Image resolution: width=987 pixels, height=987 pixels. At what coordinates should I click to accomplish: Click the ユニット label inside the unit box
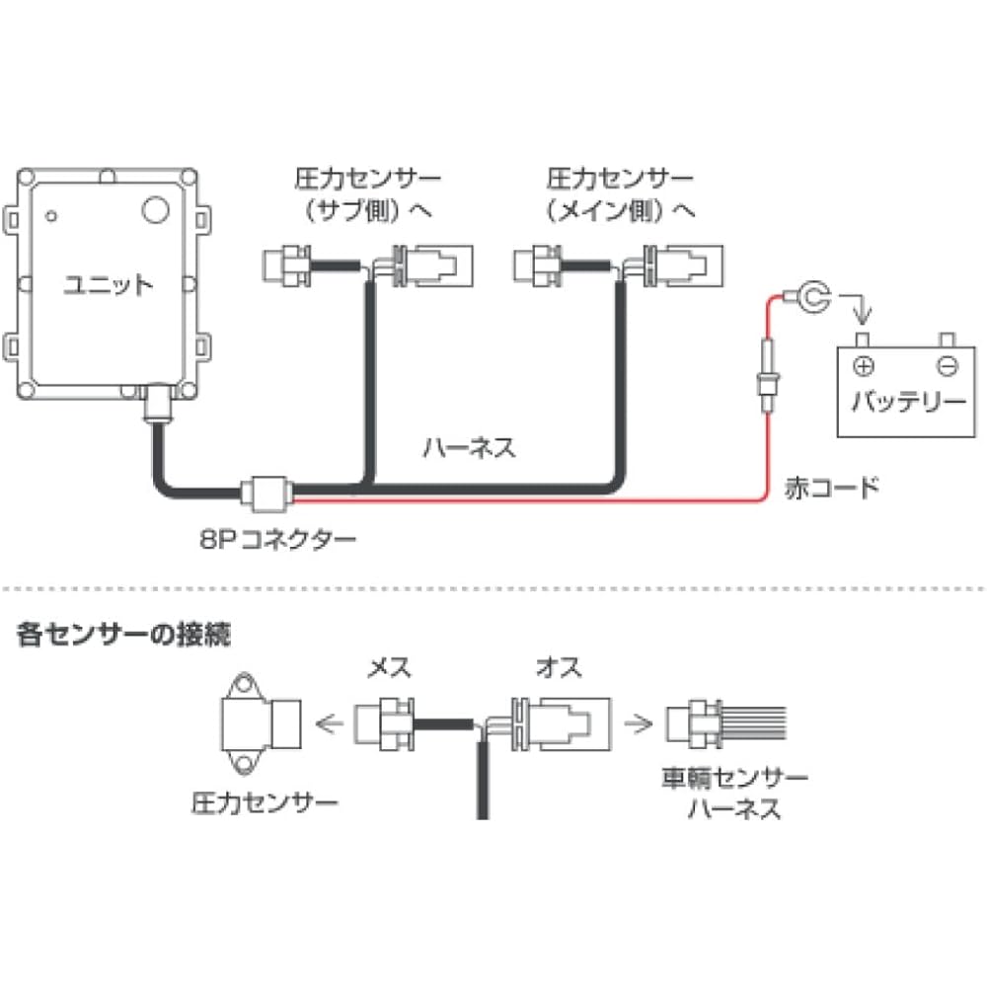[x=109, y=286]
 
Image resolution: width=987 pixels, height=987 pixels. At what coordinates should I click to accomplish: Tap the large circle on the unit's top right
[x=155, y=209]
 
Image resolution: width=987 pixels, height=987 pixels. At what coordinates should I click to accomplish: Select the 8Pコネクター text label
[x=275, y=539]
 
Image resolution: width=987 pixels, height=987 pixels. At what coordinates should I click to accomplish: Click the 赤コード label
[x=831, y=487]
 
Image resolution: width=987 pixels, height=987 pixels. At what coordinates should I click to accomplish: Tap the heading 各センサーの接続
[x=124, y=635]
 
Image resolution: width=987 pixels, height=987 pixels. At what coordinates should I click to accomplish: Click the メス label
[x=388, y=668]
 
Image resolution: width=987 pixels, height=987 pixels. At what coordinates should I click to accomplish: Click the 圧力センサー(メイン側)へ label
[x=621, y=194]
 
